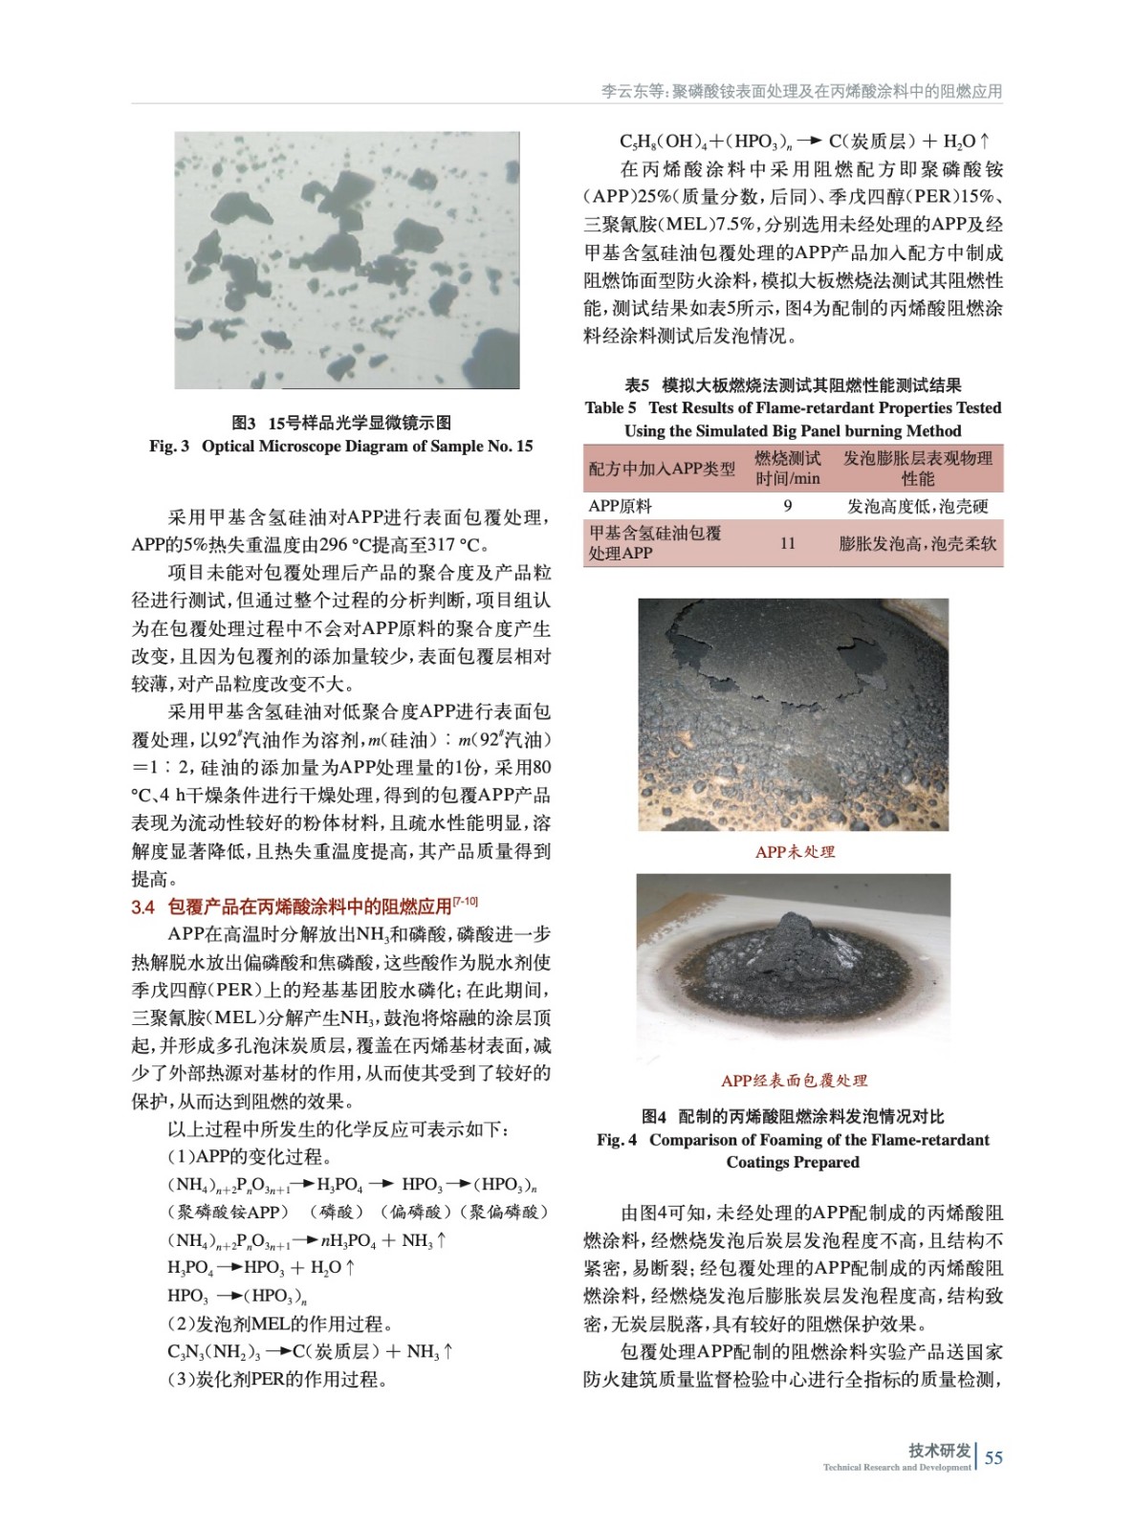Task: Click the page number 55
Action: pos(993,1457)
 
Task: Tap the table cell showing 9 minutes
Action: pos(787,506)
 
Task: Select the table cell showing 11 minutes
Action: pos(787,543)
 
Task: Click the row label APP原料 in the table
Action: pos(620,506)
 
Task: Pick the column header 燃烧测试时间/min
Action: pos(787,469)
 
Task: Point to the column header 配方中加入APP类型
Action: pos(662,469)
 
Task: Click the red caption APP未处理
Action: pos(795,852)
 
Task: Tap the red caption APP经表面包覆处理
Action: pos(794,1081)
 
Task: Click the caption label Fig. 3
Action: pos(169,447)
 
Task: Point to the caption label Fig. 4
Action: pos(617,1140)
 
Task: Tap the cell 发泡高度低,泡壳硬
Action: pos(917,506)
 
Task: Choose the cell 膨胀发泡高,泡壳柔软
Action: pos(917,543)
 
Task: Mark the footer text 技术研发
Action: pos(939,1451)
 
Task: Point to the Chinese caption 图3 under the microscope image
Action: pos(244,423)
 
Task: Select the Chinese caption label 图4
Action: pos(654,1116)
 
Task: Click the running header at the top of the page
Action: pos(801,92)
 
